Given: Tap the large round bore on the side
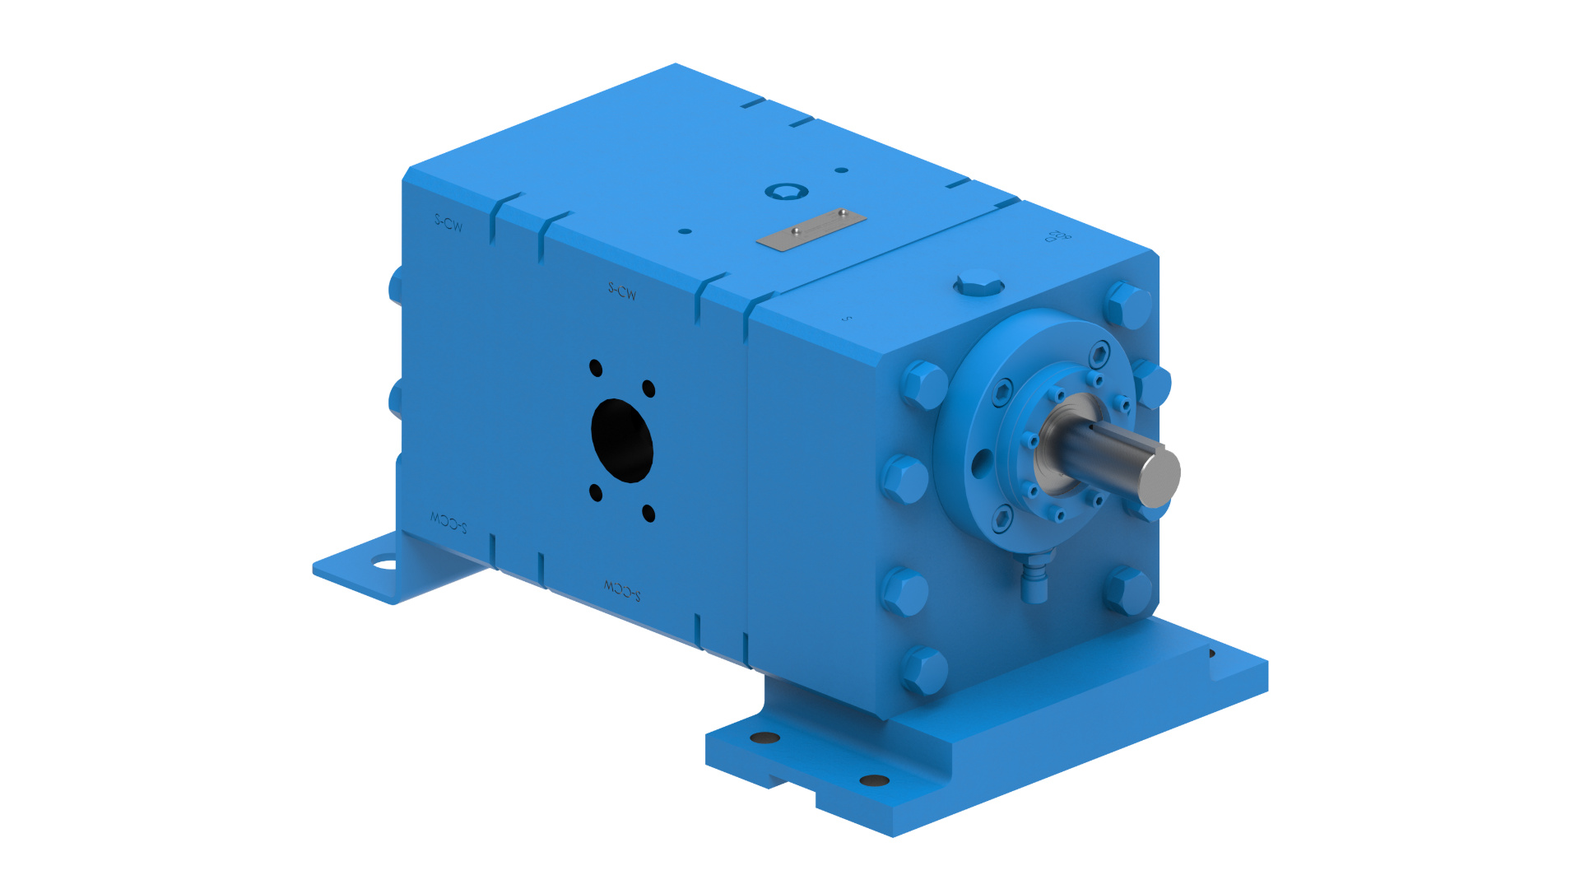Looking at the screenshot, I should click(622, 440).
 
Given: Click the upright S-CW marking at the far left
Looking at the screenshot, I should click(448, 223).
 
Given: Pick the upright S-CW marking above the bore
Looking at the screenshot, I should click(622, 291).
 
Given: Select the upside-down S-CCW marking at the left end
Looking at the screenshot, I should click(448, 521).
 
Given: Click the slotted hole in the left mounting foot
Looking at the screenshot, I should click(383, 564).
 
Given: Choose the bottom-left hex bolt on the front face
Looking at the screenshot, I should click(924, 668).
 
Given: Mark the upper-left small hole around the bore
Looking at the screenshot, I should click(596, 368).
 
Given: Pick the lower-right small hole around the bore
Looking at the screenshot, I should click(648, 514).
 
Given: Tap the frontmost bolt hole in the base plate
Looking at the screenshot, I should click(874, 780).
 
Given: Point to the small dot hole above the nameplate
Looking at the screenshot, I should click(841, 170).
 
